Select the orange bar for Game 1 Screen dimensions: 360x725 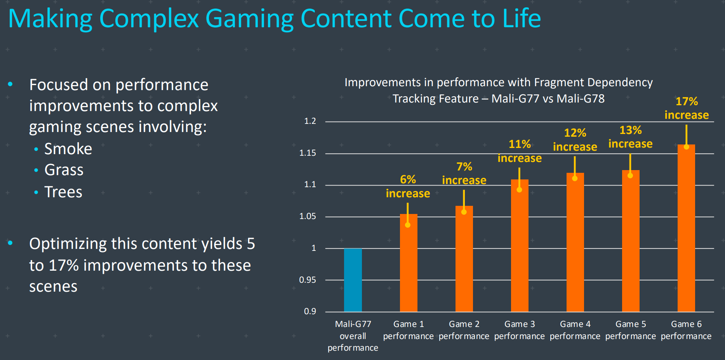409,268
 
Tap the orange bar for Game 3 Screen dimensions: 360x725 520,249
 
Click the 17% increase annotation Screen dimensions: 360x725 687,108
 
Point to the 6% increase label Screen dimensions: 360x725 408,186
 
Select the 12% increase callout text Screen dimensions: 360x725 575,140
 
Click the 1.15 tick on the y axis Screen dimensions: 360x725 308,153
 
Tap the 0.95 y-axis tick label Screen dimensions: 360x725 308,280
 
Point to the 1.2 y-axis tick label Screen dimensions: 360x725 310,121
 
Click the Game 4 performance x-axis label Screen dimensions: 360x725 575,330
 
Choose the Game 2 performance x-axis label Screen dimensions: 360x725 464,330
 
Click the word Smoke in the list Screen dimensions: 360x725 68,149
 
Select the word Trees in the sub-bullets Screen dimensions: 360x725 63,192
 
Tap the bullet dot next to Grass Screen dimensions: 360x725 36,170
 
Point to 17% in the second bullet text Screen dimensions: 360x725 64,266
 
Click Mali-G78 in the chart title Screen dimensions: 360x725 581,99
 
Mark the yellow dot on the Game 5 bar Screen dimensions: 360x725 630,176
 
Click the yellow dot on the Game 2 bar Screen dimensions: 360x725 464,212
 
